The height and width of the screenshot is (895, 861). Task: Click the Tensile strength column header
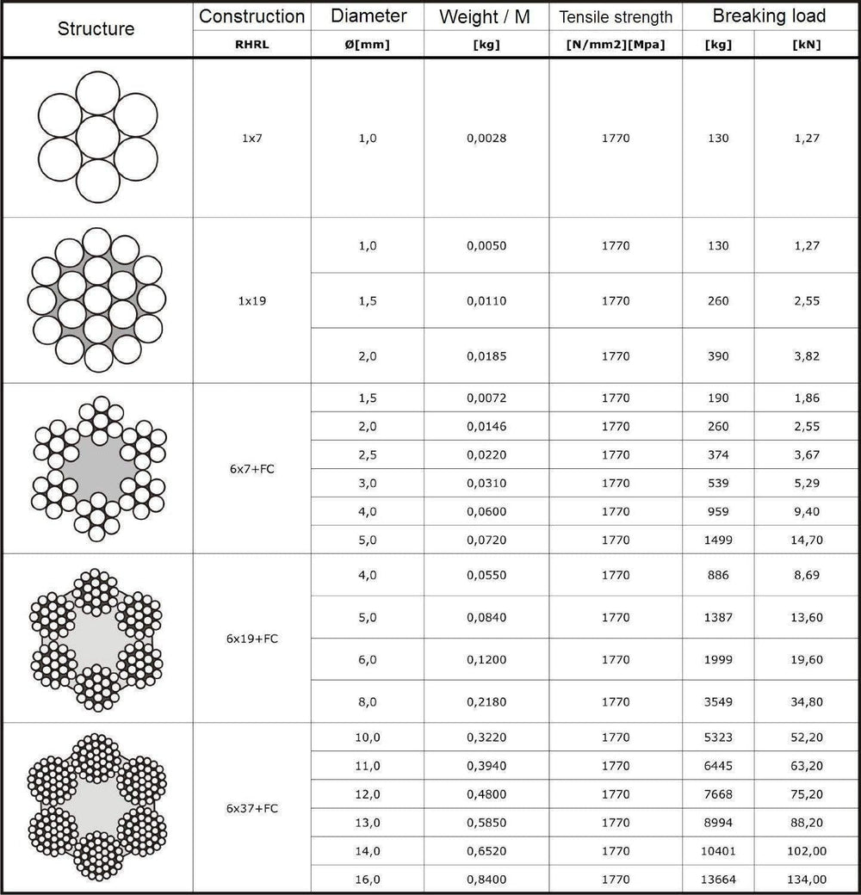616,17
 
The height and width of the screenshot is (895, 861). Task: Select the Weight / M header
486,16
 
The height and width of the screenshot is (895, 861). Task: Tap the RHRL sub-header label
251,46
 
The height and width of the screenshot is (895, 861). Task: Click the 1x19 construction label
251,301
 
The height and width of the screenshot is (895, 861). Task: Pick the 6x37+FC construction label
251,809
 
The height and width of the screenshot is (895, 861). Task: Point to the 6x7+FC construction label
251,469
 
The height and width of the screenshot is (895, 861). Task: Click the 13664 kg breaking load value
718,880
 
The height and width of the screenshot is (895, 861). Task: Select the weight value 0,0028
486,139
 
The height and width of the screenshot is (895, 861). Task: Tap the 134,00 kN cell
807,880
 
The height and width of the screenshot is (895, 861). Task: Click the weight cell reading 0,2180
486,702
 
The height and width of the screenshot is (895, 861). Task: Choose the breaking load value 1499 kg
718,540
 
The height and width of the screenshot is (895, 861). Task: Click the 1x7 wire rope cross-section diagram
97,138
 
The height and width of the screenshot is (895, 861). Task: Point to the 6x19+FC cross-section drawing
97,639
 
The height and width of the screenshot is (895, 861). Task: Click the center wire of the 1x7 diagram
97,138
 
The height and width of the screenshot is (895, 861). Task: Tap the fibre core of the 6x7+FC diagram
97,469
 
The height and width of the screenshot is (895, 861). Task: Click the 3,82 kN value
807,356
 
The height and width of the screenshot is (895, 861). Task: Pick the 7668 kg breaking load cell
718,794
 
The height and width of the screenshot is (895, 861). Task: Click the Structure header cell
96,28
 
